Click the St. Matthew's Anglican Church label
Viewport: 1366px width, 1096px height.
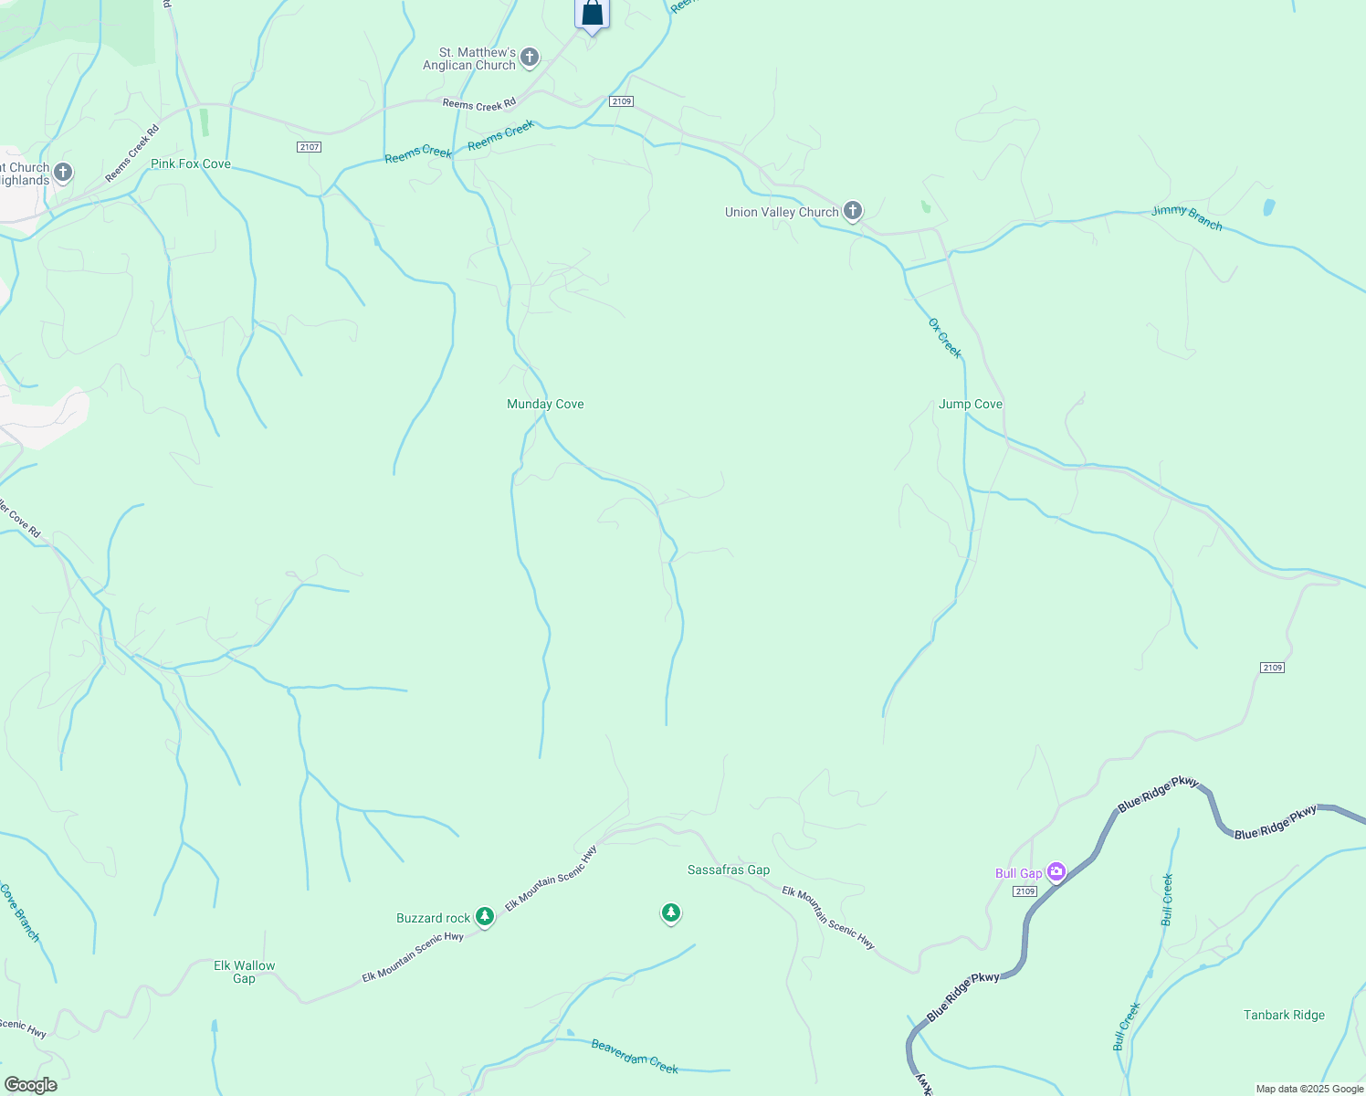point(469,58)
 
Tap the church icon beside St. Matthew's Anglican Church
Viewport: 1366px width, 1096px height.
point(530,58)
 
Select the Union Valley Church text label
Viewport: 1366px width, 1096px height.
point(782,212)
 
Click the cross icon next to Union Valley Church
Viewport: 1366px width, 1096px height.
point(852,211)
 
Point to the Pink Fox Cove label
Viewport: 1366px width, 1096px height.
point(191,164)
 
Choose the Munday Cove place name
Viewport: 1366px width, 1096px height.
point(545,404)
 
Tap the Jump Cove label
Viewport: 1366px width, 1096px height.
point(971,404)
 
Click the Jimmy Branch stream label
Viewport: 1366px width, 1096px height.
point(1186,217)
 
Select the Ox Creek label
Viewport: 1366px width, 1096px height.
point(945,338)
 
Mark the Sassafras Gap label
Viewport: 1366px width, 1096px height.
point(729,869)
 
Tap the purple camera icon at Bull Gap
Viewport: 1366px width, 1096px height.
point(1056,872)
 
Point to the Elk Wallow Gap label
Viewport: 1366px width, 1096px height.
point(244,972)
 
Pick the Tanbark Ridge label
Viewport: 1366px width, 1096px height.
point(1284,1015)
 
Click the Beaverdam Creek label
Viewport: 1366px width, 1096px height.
point(635,1057)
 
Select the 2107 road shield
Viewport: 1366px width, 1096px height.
point(310,147)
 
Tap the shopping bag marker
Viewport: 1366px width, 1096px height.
point(592,13)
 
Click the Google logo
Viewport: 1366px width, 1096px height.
point(30,1085)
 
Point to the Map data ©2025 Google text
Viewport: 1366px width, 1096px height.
point(1309,1089)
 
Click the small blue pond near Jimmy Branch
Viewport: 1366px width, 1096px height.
point(1268,207)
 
